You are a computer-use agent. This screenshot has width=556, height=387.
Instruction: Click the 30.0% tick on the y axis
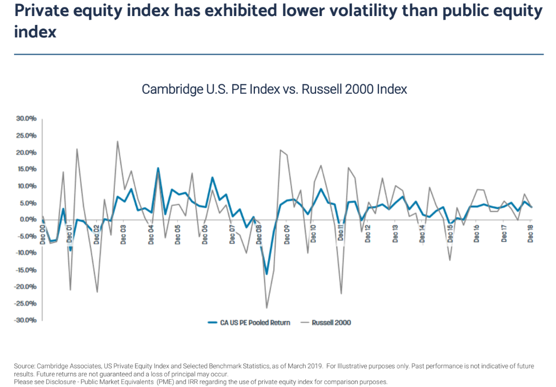click(26, 119)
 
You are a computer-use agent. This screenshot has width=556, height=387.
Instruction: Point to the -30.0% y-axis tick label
click(25, 320)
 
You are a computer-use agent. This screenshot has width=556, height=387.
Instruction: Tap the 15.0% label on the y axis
click(26, 169)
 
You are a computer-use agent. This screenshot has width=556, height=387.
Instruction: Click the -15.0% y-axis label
click(25, 270)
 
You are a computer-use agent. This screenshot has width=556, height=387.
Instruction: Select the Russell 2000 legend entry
click(331, 323)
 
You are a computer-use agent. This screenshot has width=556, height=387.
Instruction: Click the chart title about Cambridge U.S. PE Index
click(274, 89)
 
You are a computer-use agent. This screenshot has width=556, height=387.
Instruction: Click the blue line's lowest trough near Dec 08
click(267, 274)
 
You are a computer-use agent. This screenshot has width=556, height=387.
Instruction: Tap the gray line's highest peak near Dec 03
click(118, 141)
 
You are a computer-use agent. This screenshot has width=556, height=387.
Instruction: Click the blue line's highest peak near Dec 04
click(158, 168)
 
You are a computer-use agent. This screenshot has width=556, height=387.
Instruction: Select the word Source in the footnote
click(24, 366)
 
